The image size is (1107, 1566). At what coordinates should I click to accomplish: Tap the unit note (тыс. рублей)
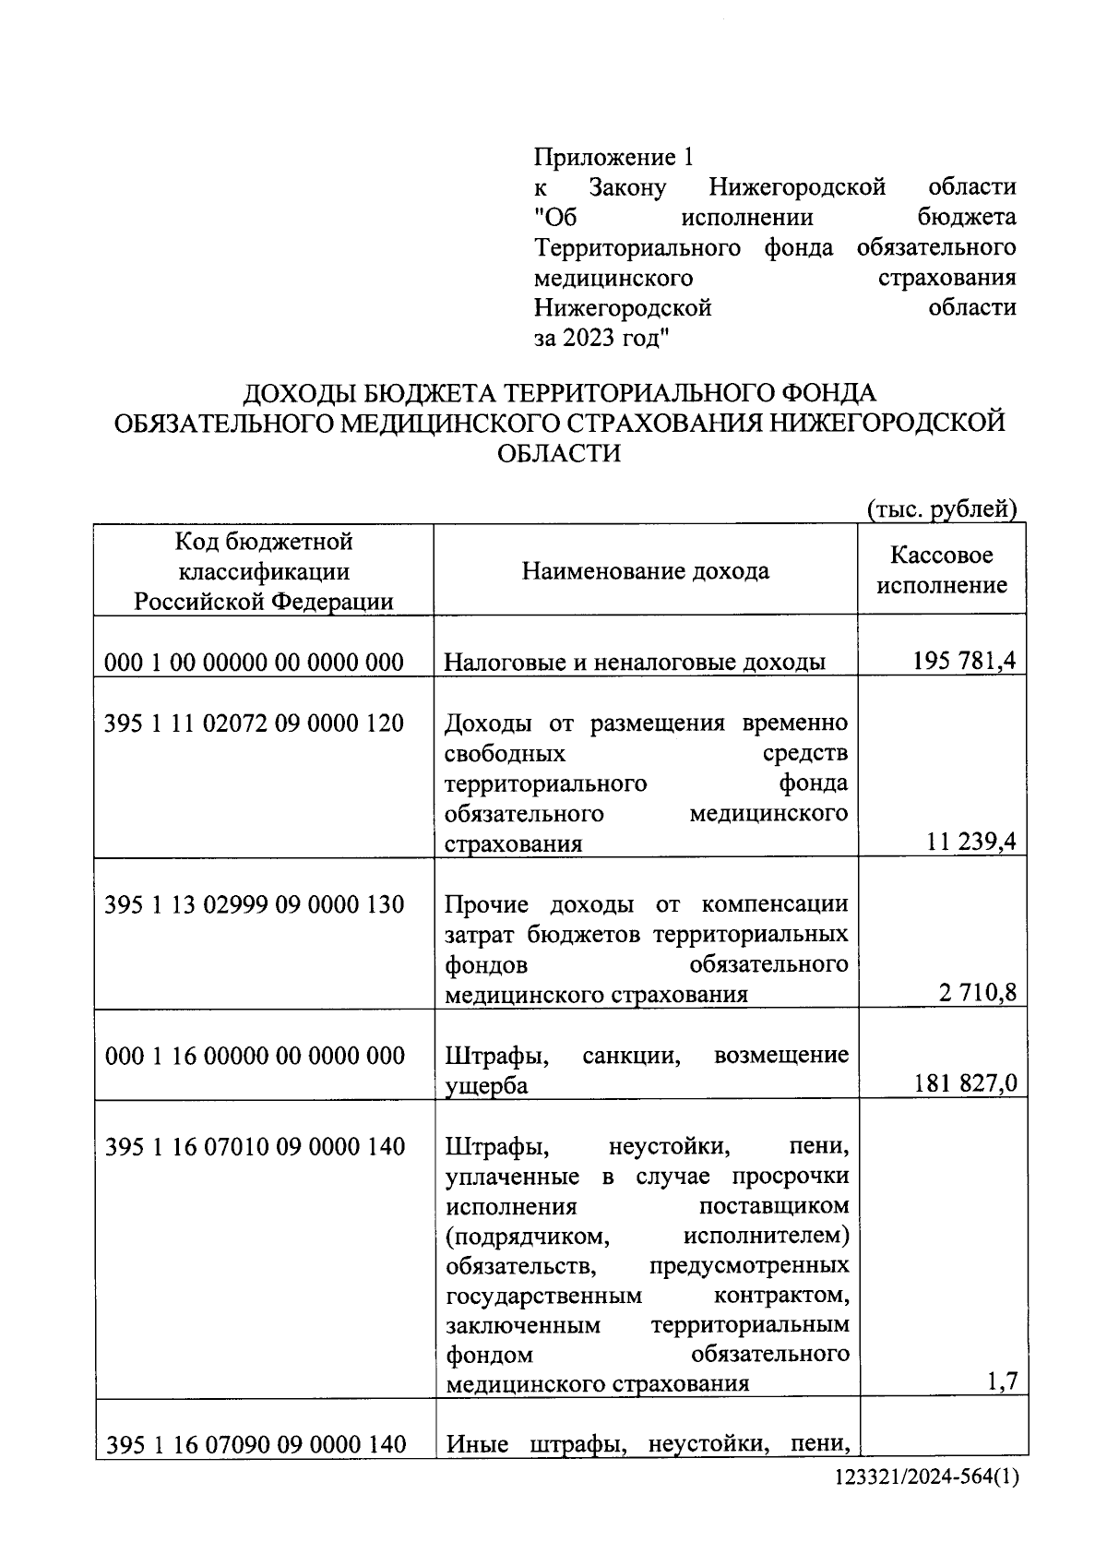tap(941, 508)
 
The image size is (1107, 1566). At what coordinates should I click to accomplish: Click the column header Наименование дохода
tap(646, 571)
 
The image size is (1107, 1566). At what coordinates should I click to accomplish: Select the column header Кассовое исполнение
tap(941, 569)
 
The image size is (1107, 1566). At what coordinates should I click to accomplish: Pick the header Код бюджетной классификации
tap(264, 556)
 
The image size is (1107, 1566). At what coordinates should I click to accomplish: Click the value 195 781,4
tap(965, 661)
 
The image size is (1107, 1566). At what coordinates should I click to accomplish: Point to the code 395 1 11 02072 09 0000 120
tap(255, 723)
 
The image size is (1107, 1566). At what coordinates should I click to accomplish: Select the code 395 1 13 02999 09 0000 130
tap(255, 904)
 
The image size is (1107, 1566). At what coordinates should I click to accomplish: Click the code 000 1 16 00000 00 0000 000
tap(256, 1056)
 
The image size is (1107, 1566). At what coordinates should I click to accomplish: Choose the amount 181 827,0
tap(965, 1083)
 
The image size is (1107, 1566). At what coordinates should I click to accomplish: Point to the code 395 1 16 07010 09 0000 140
tap(256, 1147)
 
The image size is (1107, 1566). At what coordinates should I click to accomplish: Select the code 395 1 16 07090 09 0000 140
tap(256, 1444)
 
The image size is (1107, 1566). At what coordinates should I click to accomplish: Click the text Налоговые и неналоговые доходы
tap(635, 662)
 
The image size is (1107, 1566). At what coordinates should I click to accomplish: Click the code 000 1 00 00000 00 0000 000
tap(255, 662)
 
